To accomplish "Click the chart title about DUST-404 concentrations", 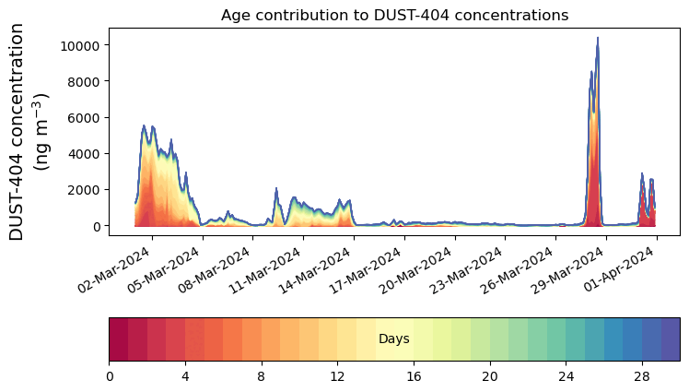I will coord(394,15).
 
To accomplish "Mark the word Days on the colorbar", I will coord(393,339).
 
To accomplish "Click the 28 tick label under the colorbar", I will coord(642,376).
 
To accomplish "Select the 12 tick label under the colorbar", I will coord(338,376).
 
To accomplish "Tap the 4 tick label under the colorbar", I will coord(185,376).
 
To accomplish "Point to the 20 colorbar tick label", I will coord(490,376).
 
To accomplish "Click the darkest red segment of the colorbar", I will coord(119,339).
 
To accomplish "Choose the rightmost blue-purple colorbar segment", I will coord(671,339).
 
